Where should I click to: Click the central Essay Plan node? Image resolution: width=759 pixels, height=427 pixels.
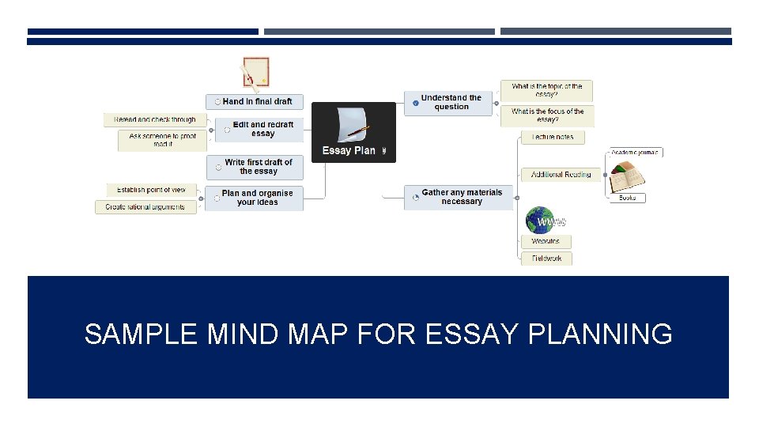(x=353, y=132)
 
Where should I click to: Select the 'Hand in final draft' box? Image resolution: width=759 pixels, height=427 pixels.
(x=255, y=101)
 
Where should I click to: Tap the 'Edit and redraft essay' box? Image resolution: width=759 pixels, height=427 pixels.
(x=260, y=130)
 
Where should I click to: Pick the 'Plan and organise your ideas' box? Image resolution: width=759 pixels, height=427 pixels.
(x=255, y=198)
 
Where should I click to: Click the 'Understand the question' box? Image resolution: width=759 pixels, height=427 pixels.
(x=449, y=103)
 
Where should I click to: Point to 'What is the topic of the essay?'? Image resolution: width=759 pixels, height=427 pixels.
(x=546, y=90)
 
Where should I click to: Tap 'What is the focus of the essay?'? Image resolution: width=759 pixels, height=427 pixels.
(x=547, y=115)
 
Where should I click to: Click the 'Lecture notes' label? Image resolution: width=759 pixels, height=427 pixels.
(x=553, y=138)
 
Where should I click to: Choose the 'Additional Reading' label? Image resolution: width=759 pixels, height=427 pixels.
(x=561, y=175)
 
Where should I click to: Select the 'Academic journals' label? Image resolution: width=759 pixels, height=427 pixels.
(x=636, y=152)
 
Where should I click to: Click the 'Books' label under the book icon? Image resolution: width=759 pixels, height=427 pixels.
(x=627, y=198)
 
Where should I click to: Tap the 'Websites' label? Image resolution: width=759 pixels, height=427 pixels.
(x=546, y=241)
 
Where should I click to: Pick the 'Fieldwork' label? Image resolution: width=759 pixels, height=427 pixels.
(x=546, y=259)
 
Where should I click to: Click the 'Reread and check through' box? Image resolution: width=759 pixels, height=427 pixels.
(x=155, y=119)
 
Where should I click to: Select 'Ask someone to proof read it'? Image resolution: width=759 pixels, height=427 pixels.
(x=162, y=140)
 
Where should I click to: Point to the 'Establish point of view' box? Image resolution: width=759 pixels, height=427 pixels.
(x=151, y=190)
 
